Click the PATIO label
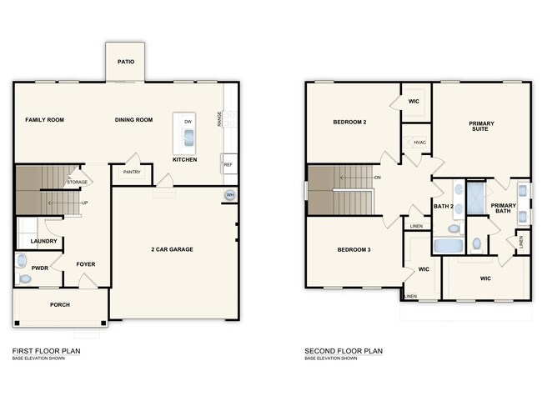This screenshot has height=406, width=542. [x=126, y=61]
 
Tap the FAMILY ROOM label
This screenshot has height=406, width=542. [x=44, y=120]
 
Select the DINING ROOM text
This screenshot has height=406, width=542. [x=133, y=120]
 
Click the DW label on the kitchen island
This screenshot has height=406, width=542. [x=188, y=122]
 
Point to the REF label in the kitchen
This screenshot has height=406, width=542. [x=228, y=164]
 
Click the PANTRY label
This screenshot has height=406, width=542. [x=132, y=173]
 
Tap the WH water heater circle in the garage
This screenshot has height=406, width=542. [x=229, y=196]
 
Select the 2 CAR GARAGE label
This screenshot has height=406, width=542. [x=173, y=249]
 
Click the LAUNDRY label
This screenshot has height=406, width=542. [x=43, y=242]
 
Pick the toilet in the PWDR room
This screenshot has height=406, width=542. [x=23, y=278]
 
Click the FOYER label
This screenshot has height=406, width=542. [x=86, y=264]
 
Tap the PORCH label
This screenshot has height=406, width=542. [x=60, y=305]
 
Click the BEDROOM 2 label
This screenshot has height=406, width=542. [x=350, y=122]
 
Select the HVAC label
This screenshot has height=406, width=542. [x=419, y=143]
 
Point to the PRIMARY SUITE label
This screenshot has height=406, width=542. [x=481, y=127]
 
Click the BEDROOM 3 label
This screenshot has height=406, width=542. [x=354, y=249]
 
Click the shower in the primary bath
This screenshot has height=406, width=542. [x=476, y=199]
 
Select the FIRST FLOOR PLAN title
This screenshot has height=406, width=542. [x=47, y=351]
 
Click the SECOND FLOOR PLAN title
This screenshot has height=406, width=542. [x=344, y=351]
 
